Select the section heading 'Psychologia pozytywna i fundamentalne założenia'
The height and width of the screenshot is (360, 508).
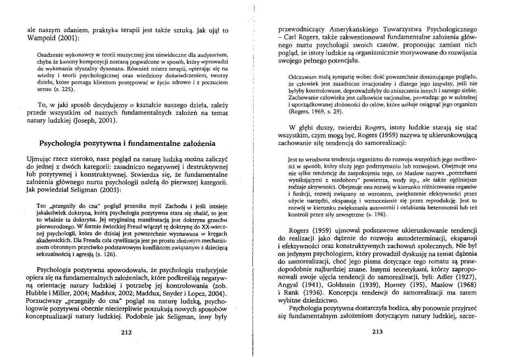[127, 143]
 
